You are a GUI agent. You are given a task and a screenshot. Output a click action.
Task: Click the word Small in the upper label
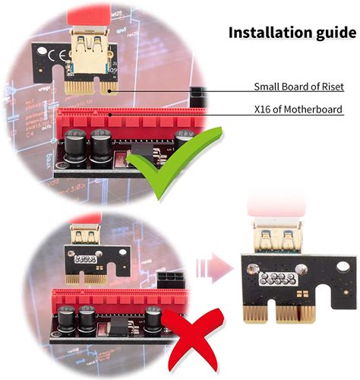pyautogui.click(x=267, y=87)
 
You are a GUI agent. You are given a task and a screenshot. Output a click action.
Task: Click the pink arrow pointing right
pyautogui.click(x=216, y=268)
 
